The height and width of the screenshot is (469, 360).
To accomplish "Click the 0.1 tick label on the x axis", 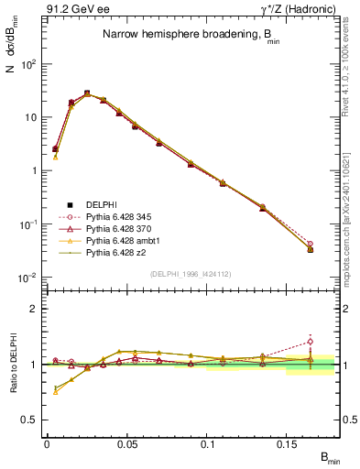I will (x=218, y=444).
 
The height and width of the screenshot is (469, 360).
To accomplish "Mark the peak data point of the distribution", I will (x=87, y=93).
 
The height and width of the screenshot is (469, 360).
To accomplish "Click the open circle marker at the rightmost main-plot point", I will (x=311, y=245).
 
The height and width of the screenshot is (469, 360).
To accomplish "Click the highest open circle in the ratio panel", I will (x=311, y=342).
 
